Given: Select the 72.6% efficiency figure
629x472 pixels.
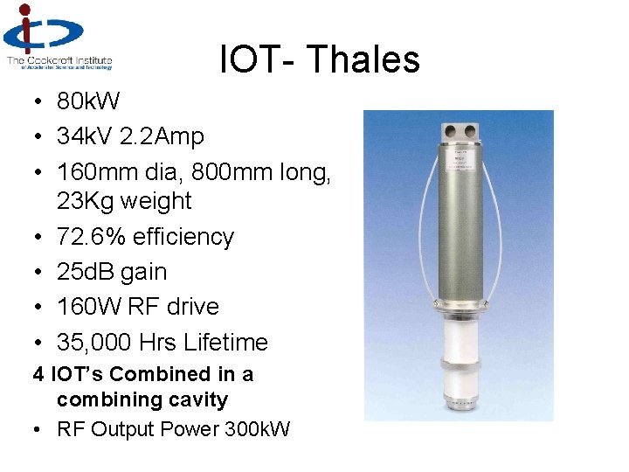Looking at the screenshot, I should tap(96, 237).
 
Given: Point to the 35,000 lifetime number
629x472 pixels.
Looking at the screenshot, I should tap(97, 342).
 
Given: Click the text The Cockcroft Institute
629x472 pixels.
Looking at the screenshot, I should tap(59, 59).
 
